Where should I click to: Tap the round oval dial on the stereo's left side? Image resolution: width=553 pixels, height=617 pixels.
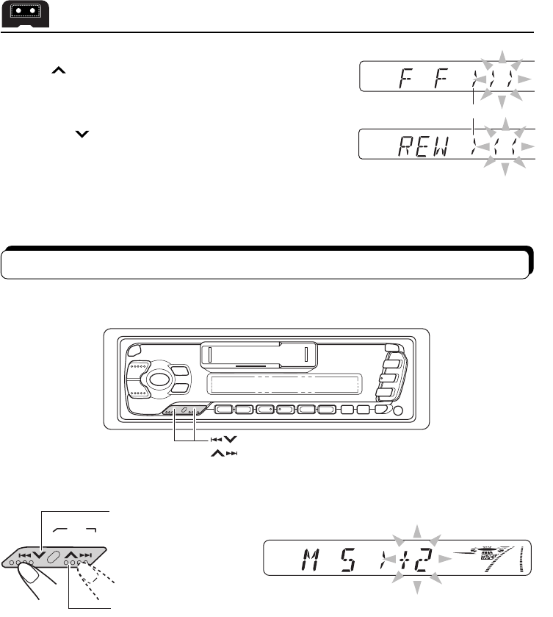click(155, 380)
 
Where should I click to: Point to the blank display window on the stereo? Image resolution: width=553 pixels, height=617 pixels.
click(283, 384)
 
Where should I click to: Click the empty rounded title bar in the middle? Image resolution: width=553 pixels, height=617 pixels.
click(265, 263)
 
